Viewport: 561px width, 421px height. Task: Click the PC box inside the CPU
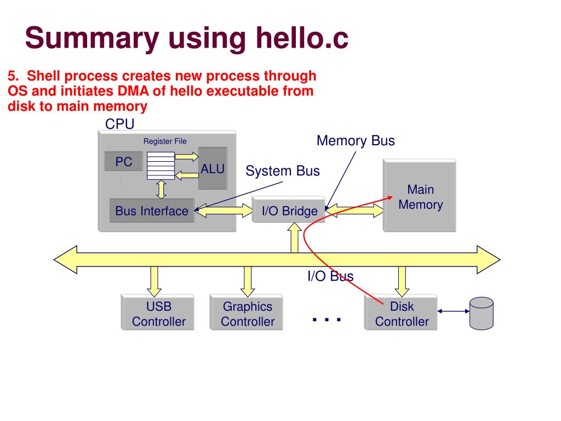pos(124,161)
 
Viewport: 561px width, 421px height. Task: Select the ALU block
pos(213,168)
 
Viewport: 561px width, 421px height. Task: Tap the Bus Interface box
pos(152,210)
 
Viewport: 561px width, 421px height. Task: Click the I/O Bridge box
pos(288,210)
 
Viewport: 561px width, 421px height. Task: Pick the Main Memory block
pos(419,196)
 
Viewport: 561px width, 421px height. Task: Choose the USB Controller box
pos(158,312)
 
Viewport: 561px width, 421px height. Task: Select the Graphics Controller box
pos(247,312)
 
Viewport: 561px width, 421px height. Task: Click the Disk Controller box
pos(401,312)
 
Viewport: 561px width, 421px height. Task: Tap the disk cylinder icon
pos(481,313)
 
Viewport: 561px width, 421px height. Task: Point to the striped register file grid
pos(161,166)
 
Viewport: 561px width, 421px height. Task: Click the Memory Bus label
pos(356,141)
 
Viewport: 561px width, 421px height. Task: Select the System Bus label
pos(283,171)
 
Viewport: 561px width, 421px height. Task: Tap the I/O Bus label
pos(330,276)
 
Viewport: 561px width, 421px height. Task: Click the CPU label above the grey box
pos(119,124)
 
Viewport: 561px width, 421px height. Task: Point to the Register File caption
pos(165,141)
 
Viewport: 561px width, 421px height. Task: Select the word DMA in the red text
pos(133,91)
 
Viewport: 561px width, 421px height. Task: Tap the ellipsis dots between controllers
pos(327,320)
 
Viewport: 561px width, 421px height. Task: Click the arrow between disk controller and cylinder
pos(453,311)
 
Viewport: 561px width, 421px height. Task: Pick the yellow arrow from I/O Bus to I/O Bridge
pos(294,238)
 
